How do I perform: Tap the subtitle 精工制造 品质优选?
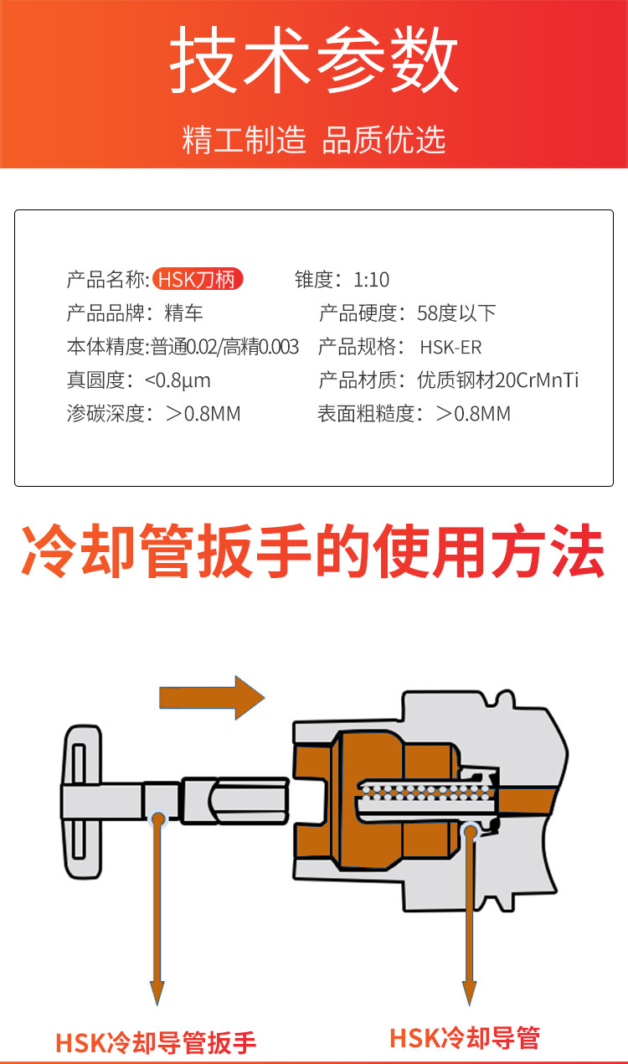(x=314, y=140)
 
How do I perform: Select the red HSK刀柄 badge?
(x=198, y=280)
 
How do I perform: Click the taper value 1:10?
(x=371, y=280)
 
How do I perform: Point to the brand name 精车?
(x=184, y=314)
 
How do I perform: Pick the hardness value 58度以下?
(x=456, y=314)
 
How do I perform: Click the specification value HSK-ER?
(x=450, y=348)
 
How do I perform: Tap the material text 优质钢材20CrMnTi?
(x=498, y=381)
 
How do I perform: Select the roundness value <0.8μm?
(x=178, y=381)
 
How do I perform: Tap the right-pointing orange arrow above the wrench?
(x=212, y=697)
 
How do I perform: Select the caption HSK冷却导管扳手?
(x=156, y=1042)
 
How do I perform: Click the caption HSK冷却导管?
(x=465, y=1038)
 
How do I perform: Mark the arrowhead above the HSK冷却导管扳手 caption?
(x=157, y=992)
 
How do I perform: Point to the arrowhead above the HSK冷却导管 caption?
(x=471, y=992)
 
